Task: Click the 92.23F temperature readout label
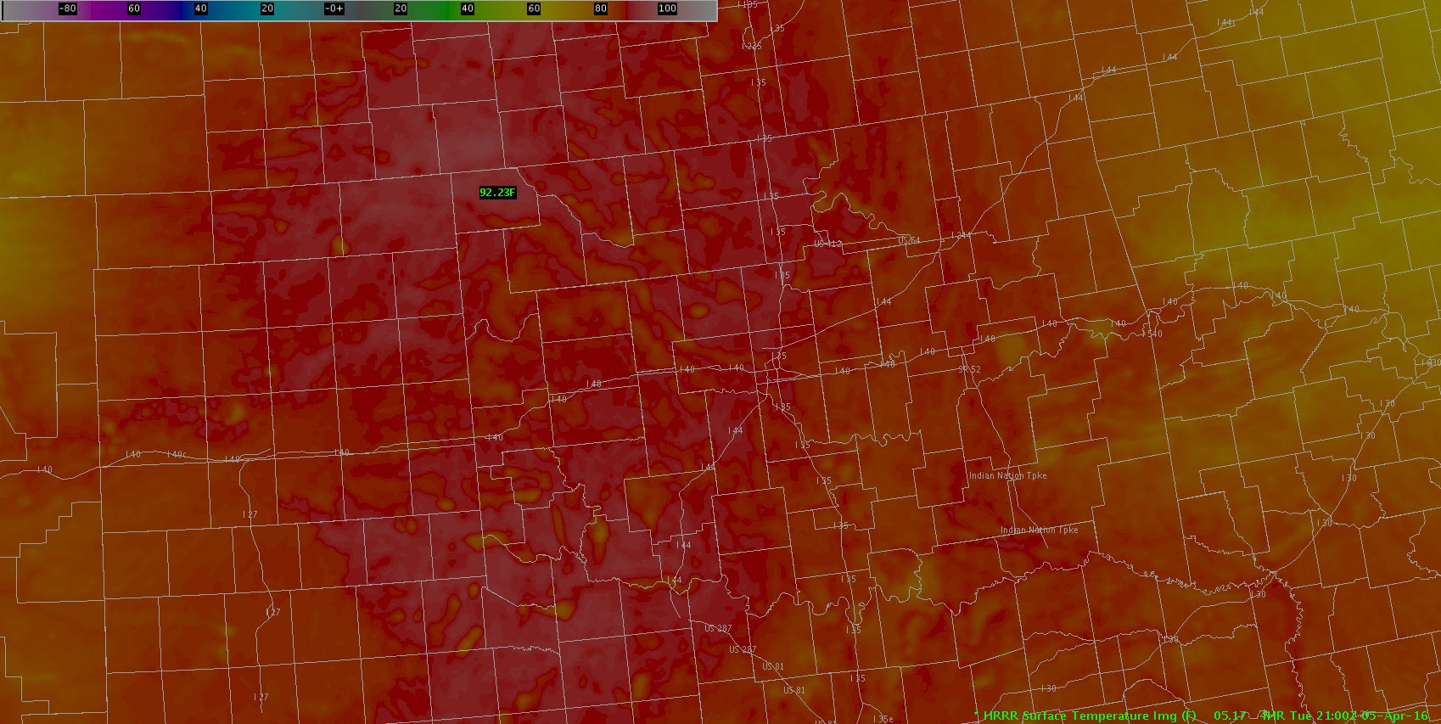point(497,193)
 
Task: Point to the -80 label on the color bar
point(67,8)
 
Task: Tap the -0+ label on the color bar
point(334,8)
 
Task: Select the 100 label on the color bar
point(667,8)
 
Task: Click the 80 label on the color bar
point(600,8)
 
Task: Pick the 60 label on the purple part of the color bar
point(134,8)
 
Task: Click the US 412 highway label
point(827,244)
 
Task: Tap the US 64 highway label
point(909,240)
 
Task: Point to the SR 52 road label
point(969,369)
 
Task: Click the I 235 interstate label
point(751,46)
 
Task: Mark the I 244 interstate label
point(961,235)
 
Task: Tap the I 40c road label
point(177,454)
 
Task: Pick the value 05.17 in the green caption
point(1230,716)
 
